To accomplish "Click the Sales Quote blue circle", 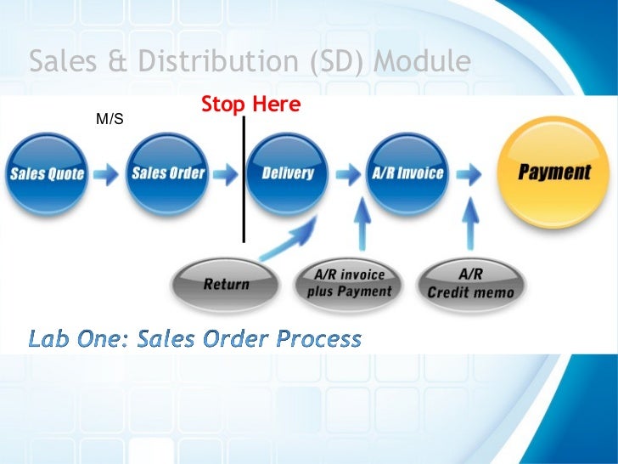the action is (48, 175).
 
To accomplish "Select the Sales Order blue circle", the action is (168, 173).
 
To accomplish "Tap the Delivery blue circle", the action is (288, 173).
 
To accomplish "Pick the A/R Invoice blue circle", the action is (407, 173).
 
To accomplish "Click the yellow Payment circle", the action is (553, 173).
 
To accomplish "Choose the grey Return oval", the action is (226, 283).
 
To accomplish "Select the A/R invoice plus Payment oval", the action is (350, 283).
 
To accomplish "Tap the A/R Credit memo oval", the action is (470, 283).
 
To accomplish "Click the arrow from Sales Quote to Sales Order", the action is (107, 174).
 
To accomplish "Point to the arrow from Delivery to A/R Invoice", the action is (348, 174).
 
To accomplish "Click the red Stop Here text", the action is (250, 105).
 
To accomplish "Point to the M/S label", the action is (110, 119).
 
